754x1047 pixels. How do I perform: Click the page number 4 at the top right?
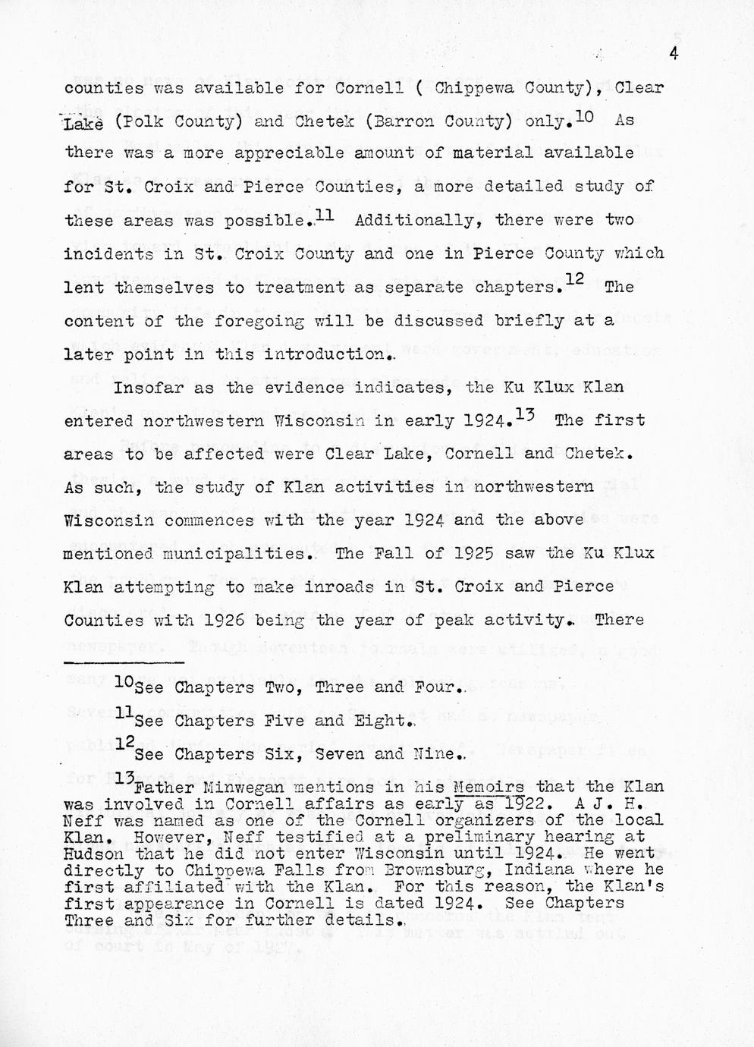coord(673,52)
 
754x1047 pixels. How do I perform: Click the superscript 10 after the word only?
coord(584,116)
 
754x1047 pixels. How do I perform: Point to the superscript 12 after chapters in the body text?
coord(574,281)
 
